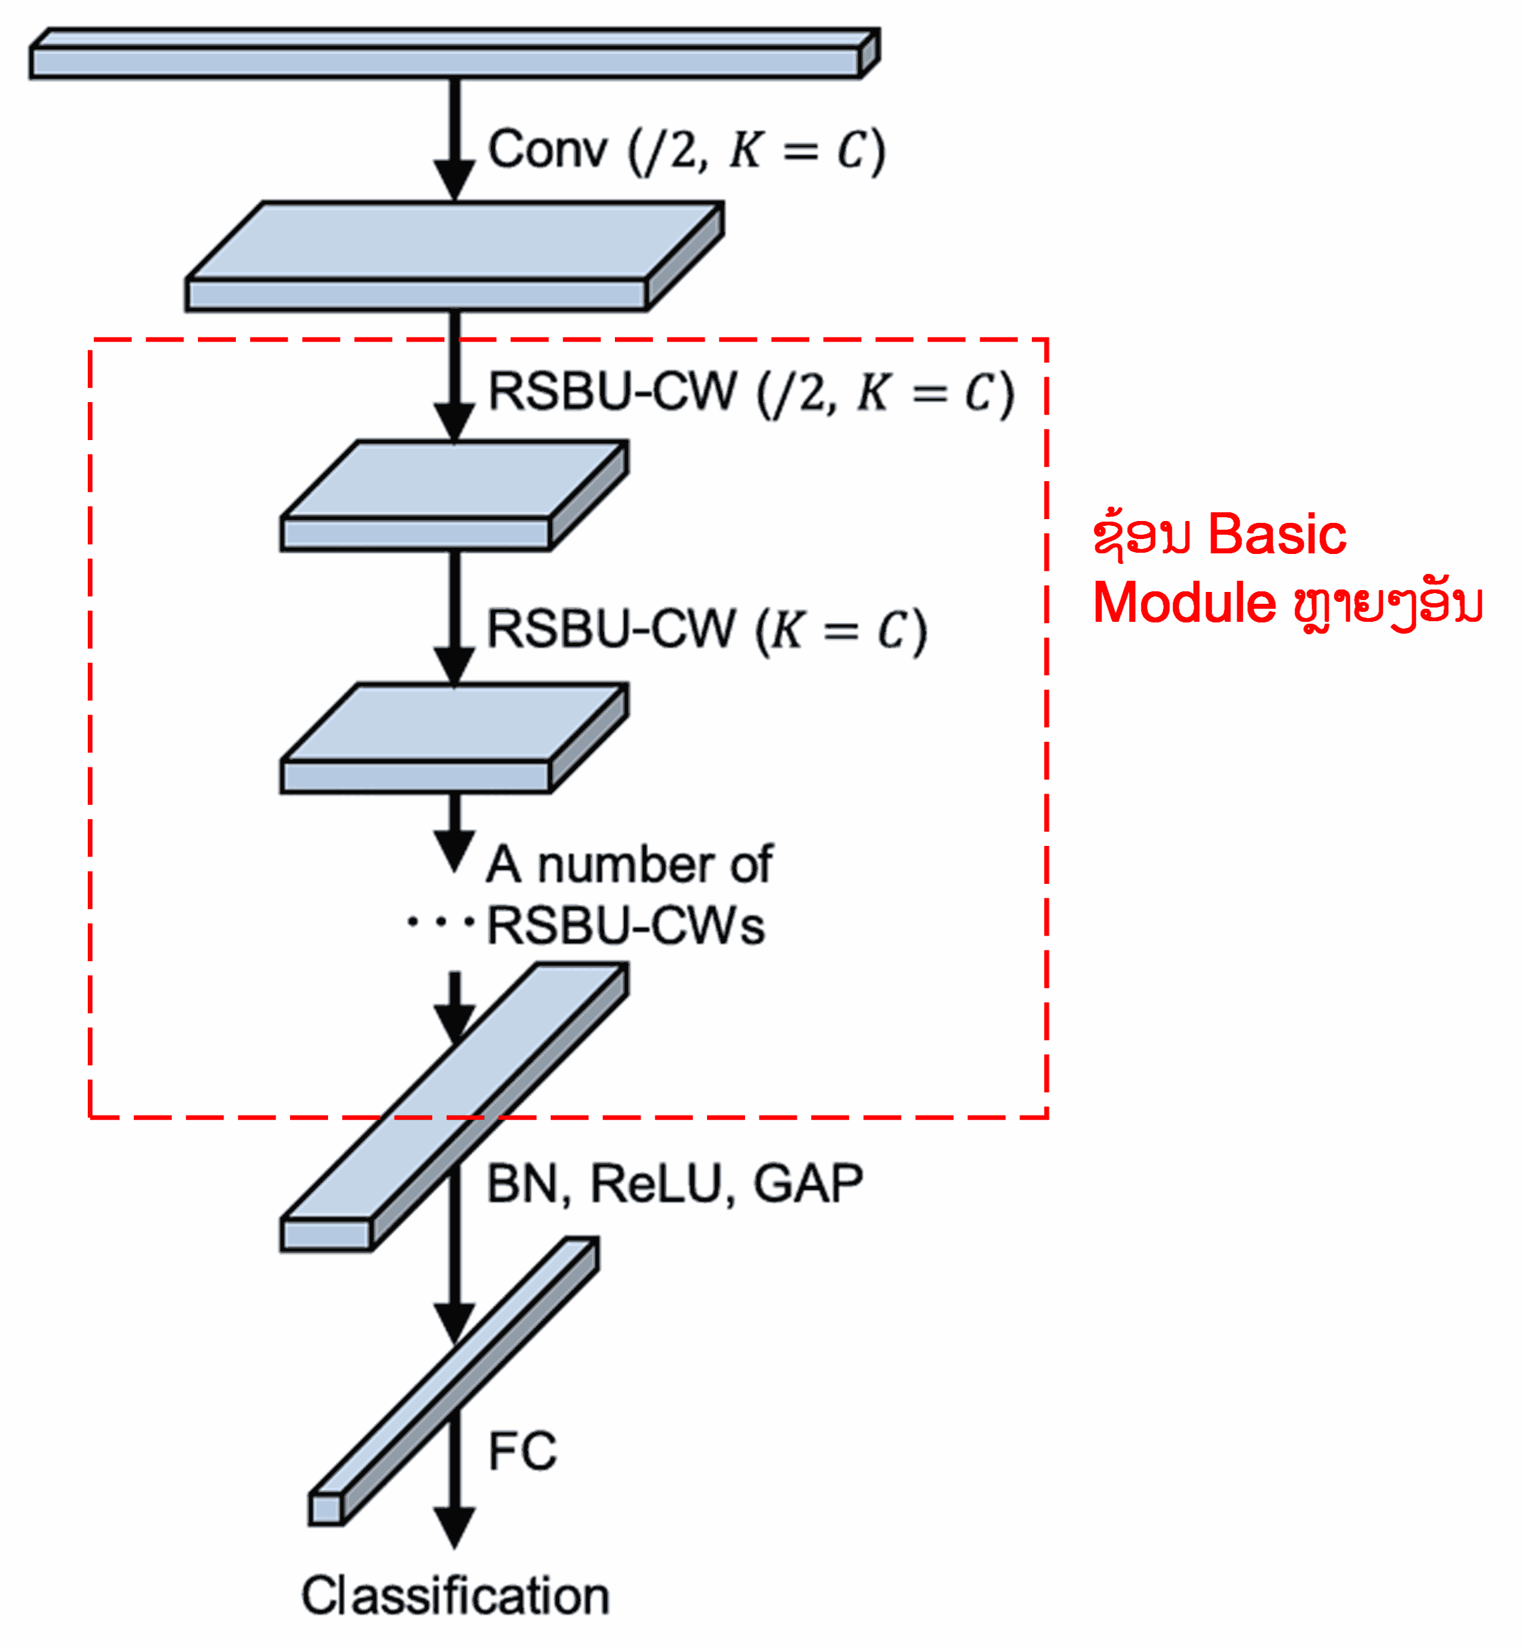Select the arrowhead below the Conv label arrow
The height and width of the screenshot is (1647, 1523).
point(454,180)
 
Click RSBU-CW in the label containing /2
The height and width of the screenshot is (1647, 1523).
point(612,392)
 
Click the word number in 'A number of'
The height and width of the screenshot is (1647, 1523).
point(626,866)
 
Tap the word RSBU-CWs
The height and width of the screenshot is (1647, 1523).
point(626,926)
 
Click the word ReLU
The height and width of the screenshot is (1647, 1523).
point(656,1185)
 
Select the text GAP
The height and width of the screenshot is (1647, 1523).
point(808,1185)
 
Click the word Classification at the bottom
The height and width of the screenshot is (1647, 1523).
point(455,1596)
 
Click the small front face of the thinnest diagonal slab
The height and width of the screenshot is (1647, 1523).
point(326,1509)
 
